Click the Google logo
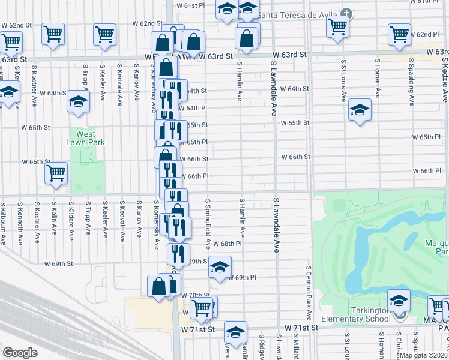[20, 353]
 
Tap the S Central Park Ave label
[309, 292]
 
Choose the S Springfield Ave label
[208, 224]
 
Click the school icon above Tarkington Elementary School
[398, 299]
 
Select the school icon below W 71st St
[236, 331]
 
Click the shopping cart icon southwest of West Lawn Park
[56, 173]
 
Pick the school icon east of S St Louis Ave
[360, 110]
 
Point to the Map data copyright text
[423, 355]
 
